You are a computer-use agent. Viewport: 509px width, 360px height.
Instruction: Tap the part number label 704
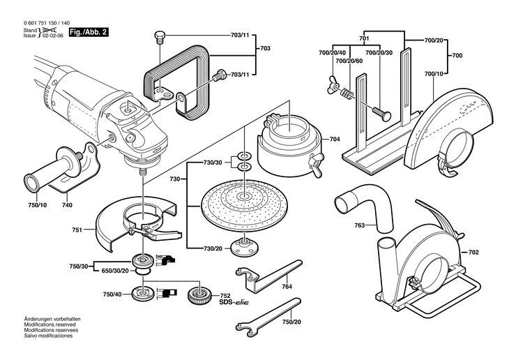click(x=335, y=140)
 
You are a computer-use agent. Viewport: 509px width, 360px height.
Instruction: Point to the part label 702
click(x=473, y=251)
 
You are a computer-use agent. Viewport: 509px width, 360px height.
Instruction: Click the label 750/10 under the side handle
click(x=38, y=205)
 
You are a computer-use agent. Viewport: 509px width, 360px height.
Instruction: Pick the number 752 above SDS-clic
click(x=225, y=295)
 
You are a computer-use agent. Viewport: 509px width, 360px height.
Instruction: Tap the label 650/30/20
click(x=116, y=269)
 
